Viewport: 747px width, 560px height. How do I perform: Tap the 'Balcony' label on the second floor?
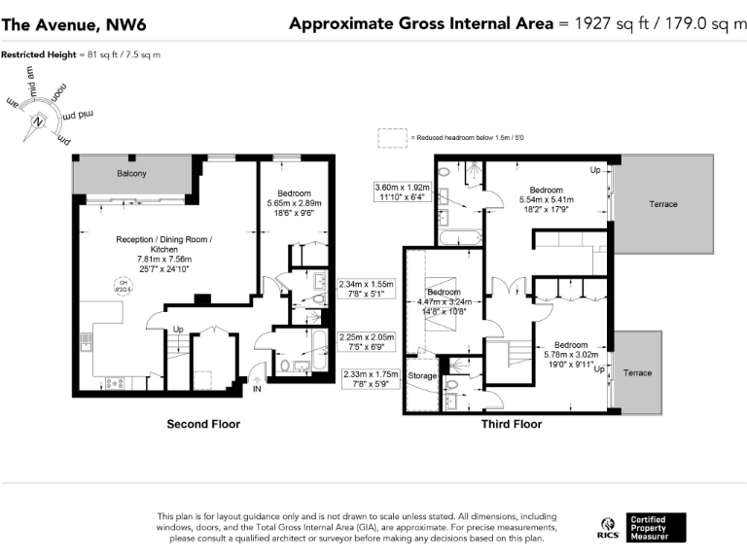click(131, 173)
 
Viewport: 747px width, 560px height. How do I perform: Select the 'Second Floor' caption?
click(203, 424)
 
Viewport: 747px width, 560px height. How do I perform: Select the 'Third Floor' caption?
click(512, 424)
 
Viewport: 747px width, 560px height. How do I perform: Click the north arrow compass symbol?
click(39, 122)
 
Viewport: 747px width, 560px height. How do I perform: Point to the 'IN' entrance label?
click(257, 388)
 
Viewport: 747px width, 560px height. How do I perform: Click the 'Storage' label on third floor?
click(422, 374)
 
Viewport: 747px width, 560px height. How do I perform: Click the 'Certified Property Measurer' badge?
click(655, 527)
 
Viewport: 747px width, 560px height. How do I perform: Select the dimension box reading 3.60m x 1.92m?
click(402, 192)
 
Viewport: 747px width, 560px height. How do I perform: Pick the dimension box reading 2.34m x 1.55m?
click(366, 290)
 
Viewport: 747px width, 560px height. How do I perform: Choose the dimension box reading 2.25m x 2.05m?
click(366, 341)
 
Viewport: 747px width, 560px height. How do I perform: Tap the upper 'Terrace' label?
click(664, 204)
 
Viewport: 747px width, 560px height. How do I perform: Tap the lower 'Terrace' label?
click(637, 373)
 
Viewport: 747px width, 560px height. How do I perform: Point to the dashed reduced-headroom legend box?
click(392, 139)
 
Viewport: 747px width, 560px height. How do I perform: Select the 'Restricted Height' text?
click(80, 54)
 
